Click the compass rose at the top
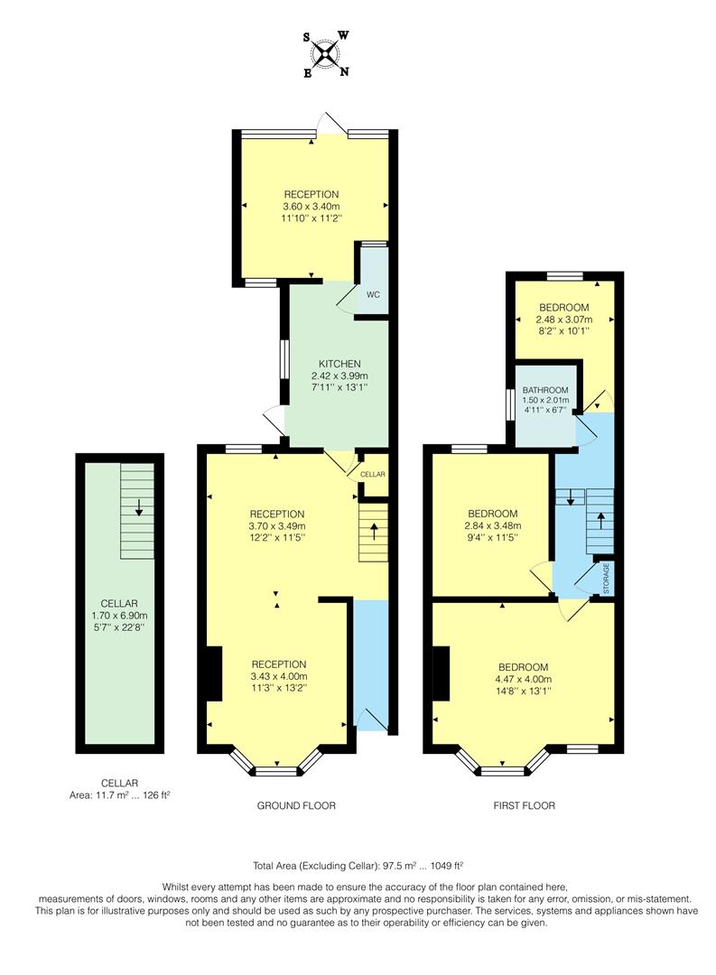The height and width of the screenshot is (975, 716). click(x=327, y=55)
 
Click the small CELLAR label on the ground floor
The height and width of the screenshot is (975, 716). click(x=373, y=474)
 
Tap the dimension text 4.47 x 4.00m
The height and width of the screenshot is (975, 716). click(x=523, y=680)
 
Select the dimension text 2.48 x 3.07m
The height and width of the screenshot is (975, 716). click(x=564, y=320)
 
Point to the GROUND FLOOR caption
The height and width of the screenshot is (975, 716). click(x=297, y=805)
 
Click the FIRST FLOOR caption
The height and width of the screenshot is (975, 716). click(x=523, y=805)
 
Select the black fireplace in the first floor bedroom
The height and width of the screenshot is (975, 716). click(x=441, y=673)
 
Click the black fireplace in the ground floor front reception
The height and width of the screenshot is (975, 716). click(x=214, y=673)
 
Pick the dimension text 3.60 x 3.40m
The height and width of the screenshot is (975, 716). click(x=312, y=206)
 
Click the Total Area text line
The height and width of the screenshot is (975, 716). click(x=358, y=864)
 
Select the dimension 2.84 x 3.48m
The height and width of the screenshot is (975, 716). click(x=492, y=526)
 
